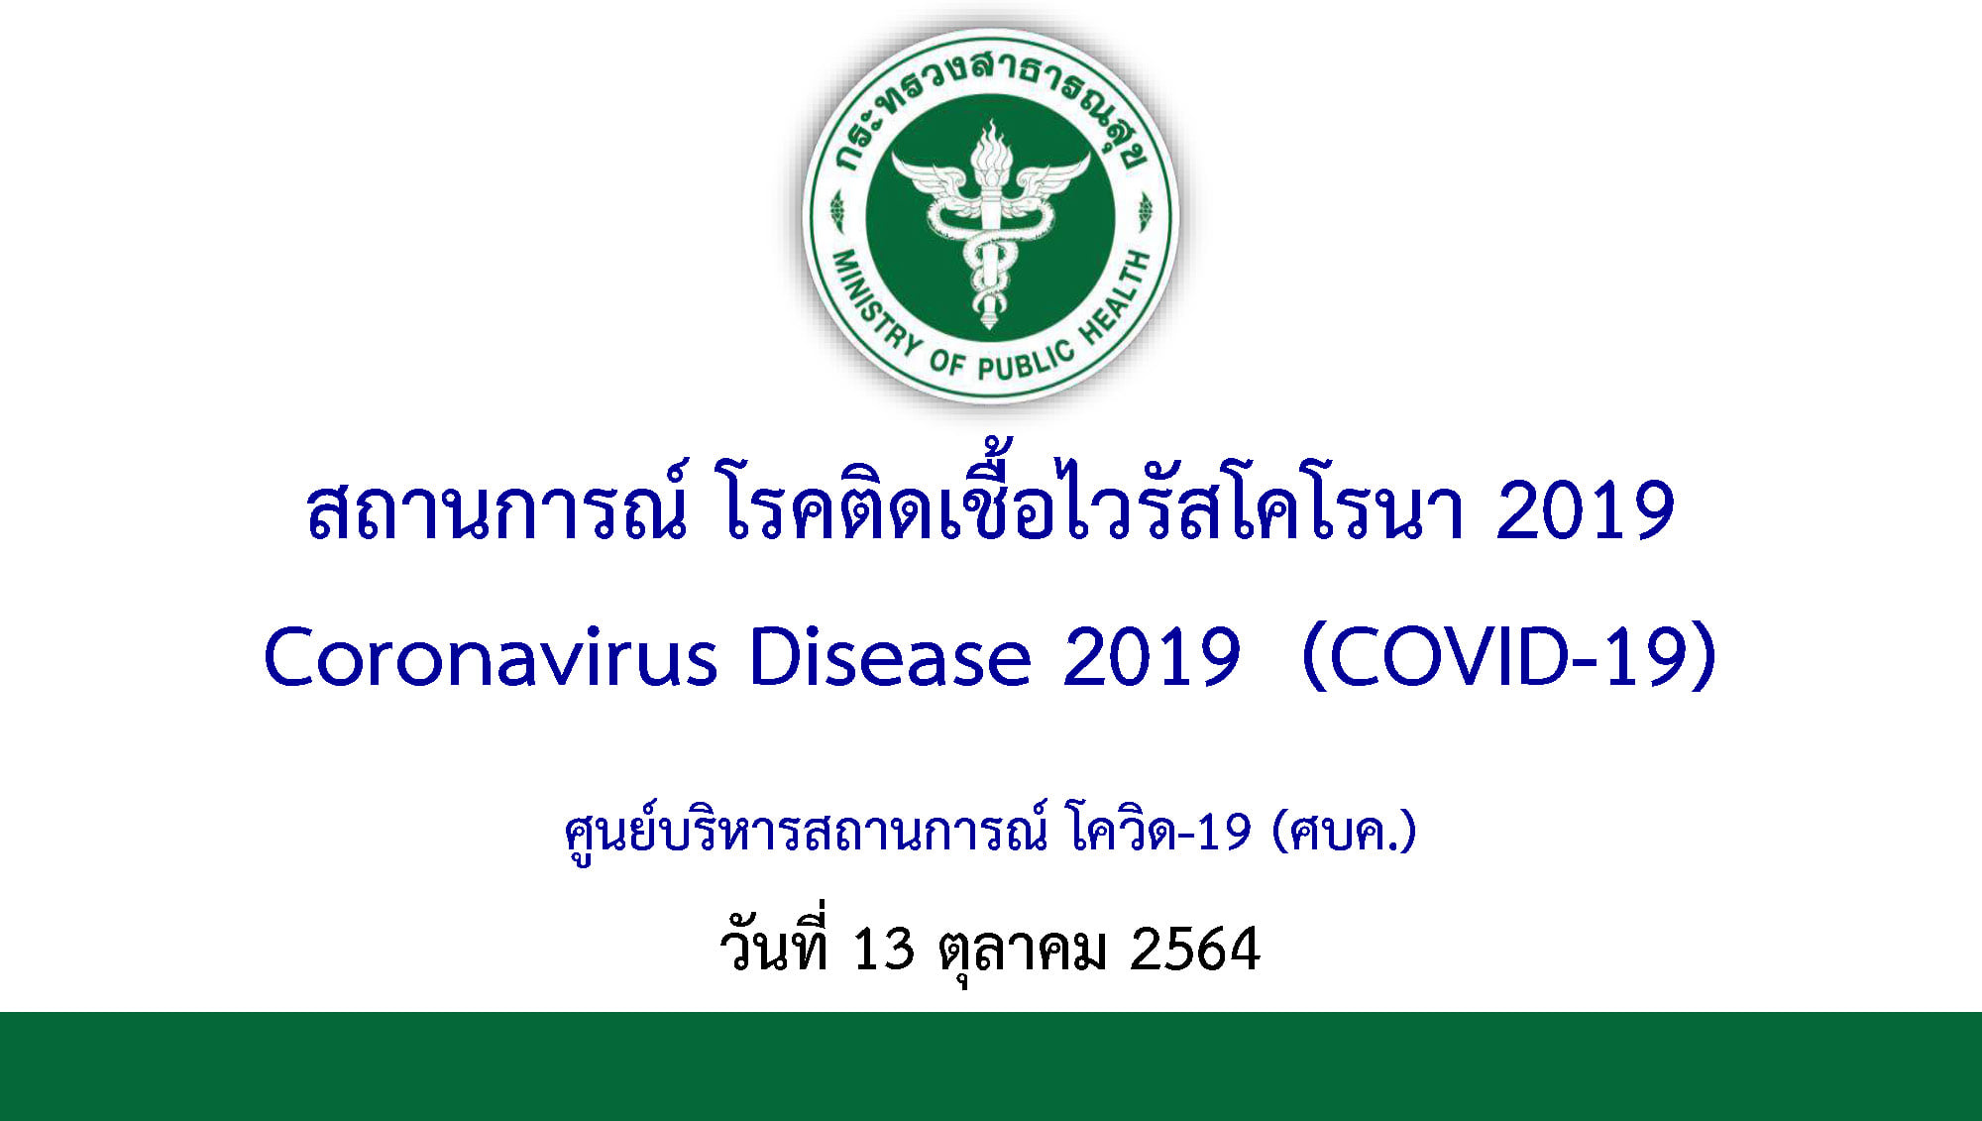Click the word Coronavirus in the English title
(x=491, y=657)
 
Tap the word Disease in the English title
(x=890, y=657)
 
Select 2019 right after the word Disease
(x=1151, y=657)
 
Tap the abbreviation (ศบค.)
(x=1345, y=832)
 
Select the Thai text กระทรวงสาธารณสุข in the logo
(x=989, y=99)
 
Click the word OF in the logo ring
(x=946, y=362)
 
